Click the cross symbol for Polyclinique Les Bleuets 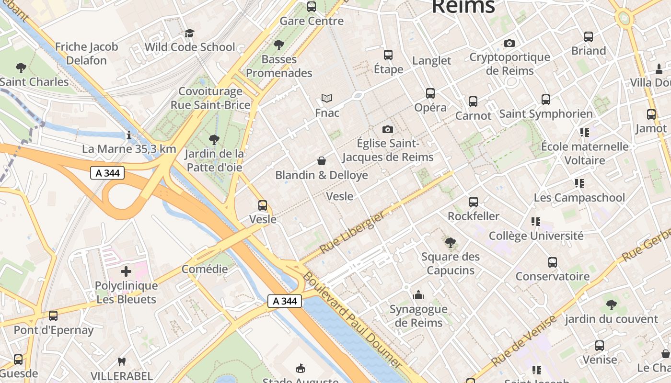click(x=126, y=272)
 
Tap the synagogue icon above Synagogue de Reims click(x=418, y=295)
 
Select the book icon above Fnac click(x=327, y=99)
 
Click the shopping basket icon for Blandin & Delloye click(x=322, y=161)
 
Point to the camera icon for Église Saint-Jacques click(x=388, y=129)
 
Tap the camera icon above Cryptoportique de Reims click(x=509, y=43)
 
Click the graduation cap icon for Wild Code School click(x=190, y=33)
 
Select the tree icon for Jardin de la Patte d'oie click(x=214, y=140)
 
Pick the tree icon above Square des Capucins click(x=450, y=243)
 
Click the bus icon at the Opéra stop click(x=430, y=93)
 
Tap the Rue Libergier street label click(x=352, y=233)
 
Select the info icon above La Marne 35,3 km click(x=128, y=135)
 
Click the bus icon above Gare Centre click(x=312, y=7)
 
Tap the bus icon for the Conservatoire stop click(x=553, y=262)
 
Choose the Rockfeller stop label click(x=473, y=216)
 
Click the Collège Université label click(x=536, y=236)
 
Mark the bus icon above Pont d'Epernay click(x=53, y=316)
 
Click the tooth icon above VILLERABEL click(x=122, y=362)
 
